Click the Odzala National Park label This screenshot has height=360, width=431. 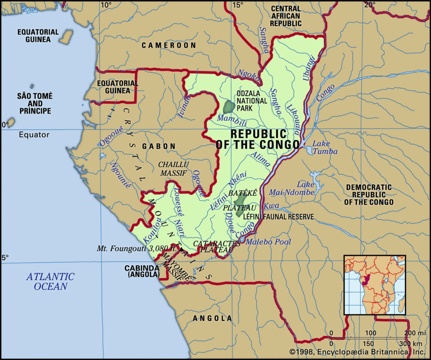(251, 100)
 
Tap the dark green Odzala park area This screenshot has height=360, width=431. (229, 107)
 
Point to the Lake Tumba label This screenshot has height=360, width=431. (325, 148)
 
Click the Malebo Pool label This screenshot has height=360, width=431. (268, 242)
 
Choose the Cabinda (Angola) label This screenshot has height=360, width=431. (142, 271)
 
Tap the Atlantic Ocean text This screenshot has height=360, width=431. (50, 281)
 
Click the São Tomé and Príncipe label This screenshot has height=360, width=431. (34, 103)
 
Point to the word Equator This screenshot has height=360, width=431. (34, 135)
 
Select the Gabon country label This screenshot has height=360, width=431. (159, 146)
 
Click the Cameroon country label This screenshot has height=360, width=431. (169, 45)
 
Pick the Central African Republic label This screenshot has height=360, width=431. (286, 16)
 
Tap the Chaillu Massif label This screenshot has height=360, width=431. (174, 168)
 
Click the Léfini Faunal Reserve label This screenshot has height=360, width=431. (278, 217)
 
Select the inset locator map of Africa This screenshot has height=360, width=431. (375, 285)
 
